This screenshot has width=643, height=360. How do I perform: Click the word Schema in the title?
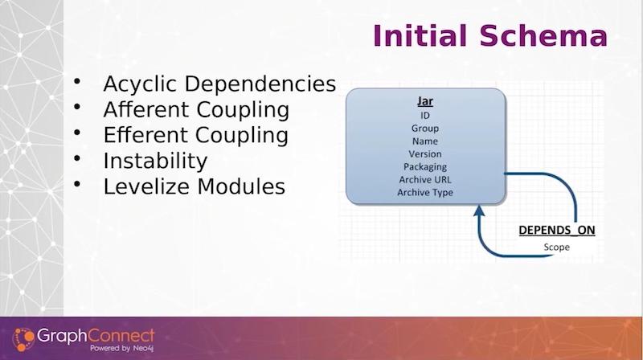(543, 35)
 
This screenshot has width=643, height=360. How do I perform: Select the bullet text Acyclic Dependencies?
(219, 84)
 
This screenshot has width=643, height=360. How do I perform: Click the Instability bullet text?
(155, 161)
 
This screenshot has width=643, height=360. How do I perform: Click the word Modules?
(241, 186)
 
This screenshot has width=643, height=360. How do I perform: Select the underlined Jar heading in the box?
(425, 101)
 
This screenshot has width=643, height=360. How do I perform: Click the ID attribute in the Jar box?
(425, 116)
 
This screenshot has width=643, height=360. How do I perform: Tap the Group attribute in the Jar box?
(425, 129)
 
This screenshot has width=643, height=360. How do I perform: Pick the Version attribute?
(425, 154)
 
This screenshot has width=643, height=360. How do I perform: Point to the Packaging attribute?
(425, 167)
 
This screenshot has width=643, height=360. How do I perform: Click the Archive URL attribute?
(425, 179)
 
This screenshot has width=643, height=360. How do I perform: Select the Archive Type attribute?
(425, 193)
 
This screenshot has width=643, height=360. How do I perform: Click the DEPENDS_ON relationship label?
(556, 231)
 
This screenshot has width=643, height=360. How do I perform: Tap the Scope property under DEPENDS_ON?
(556, 247)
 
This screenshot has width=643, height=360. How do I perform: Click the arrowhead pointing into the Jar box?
(479, 211)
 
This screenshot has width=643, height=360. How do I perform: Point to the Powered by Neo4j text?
(122, 349)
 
